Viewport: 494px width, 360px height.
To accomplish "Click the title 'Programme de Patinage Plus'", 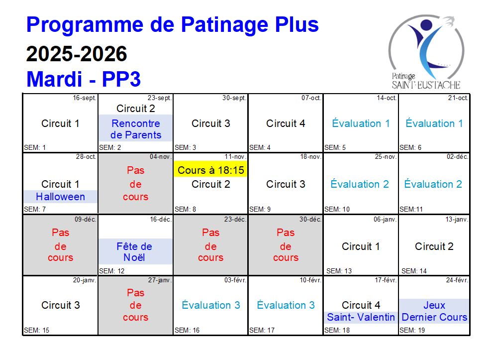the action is (x=172, y=25).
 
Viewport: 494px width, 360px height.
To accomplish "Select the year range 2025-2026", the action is (x=77, y=54).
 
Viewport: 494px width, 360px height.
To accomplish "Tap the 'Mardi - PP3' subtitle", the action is (x=84, y=79).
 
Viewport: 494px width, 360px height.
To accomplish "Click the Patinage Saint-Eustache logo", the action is (x=426, y=52).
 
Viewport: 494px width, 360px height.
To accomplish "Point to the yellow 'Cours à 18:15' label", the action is (x=211, y=170).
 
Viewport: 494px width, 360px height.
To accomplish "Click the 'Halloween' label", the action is (x=61, y=197).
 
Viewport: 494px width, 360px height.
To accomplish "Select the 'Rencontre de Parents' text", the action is (x=136, y=129).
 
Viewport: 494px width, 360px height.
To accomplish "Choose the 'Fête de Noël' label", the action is (x=134, y=251).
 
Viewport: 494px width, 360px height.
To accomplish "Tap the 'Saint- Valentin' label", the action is (x=361, y=317).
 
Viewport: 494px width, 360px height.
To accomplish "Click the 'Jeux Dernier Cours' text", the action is (x=434, y=311).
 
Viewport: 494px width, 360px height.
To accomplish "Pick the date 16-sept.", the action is (x=85, y=98).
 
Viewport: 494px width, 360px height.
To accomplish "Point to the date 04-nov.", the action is (x=161, y=157).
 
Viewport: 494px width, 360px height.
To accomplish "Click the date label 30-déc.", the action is (x=310, y=220).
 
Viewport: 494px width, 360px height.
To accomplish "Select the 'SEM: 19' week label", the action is (x=412, y=330).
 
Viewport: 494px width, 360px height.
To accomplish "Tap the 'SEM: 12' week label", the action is (x=111, y=271).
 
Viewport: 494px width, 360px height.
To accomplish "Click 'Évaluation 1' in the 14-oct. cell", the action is (x=361, y=123).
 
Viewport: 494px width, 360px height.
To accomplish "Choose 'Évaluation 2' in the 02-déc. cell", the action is (x=433, y=184).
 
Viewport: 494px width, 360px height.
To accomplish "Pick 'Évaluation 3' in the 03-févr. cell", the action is (x=211, y=305).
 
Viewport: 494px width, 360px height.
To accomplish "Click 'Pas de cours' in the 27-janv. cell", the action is (x=135, y=305).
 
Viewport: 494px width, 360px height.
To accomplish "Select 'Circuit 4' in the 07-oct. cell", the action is (x=286, y=123).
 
